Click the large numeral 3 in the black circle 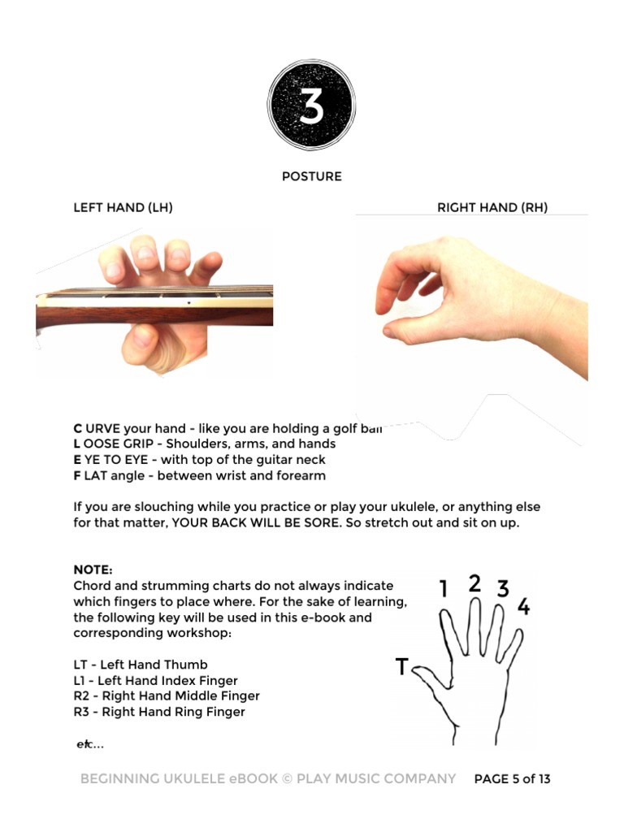click(x=311, y=105)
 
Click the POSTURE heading click(x=312, y=176)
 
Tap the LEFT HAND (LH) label click(x=123, y=207)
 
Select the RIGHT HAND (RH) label click(x=492, y=207)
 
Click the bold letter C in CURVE click(x=77, y=429)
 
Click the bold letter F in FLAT click(x=77, y=476)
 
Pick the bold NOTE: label click(x=93, y=570)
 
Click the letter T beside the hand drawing click(x=402, y=666)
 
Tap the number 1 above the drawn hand click(x=444, y=588)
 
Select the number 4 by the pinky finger click(x=524, y=606)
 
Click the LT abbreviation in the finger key click(x=80, y=665)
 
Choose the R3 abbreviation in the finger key click(x=81, y=712)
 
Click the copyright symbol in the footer click(x=287, y=779)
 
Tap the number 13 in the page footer click(x=544, y=779)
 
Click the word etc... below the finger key click(x=90, y=744)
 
